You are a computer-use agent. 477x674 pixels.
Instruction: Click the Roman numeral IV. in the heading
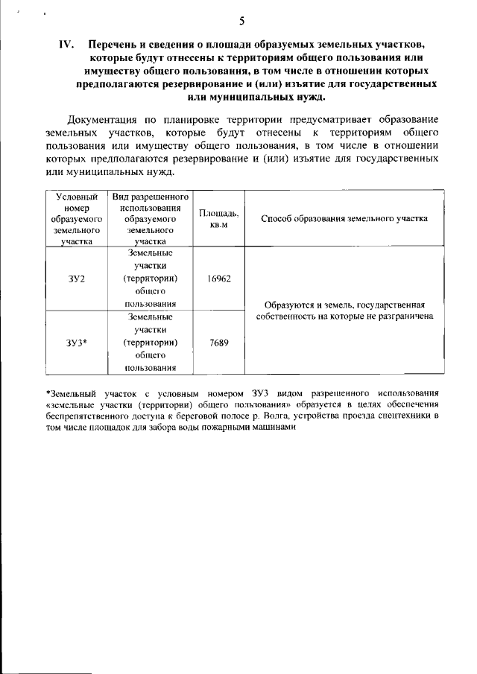tap(65, 45)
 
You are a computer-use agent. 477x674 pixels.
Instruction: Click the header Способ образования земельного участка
tap(344, 219)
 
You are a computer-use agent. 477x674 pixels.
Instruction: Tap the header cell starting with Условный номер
tap(76, 218)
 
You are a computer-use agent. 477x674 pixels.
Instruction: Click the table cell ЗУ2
tap(76, 279)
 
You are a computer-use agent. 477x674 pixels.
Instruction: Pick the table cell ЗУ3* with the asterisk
tap(76, 343)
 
